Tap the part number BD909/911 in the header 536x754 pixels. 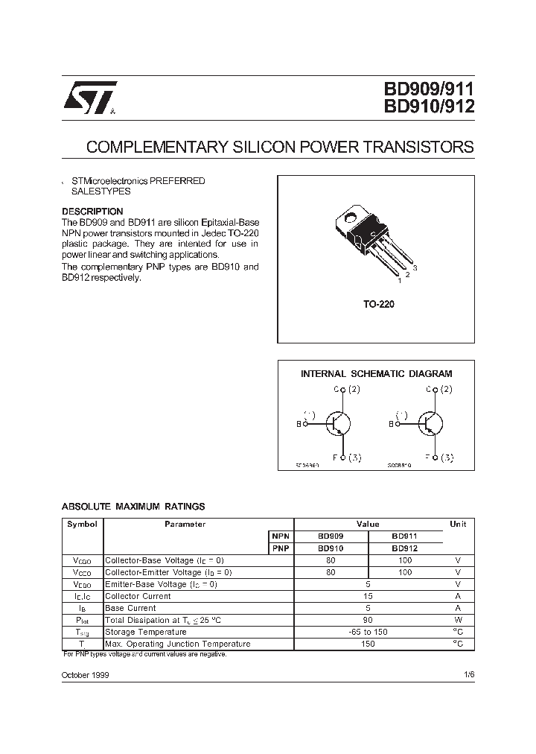429,89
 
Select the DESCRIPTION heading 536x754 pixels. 92,212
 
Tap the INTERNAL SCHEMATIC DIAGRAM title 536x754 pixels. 376,374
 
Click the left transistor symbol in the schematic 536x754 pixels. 339,424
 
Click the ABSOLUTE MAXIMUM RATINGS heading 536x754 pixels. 133,507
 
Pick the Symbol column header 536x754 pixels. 82,524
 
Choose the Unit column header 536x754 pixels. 458,524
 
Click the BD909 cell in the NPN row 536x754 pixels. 331,536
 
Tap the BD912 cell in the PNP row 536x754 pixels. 404,548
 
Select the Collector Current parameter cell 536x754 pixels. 138,596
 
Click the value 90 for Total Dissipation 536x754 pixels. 368,620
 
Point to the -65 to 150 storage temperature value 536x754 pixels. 368,632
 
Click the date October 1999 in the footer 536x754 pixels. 86,674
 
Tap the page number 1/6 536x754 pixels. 468,674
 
